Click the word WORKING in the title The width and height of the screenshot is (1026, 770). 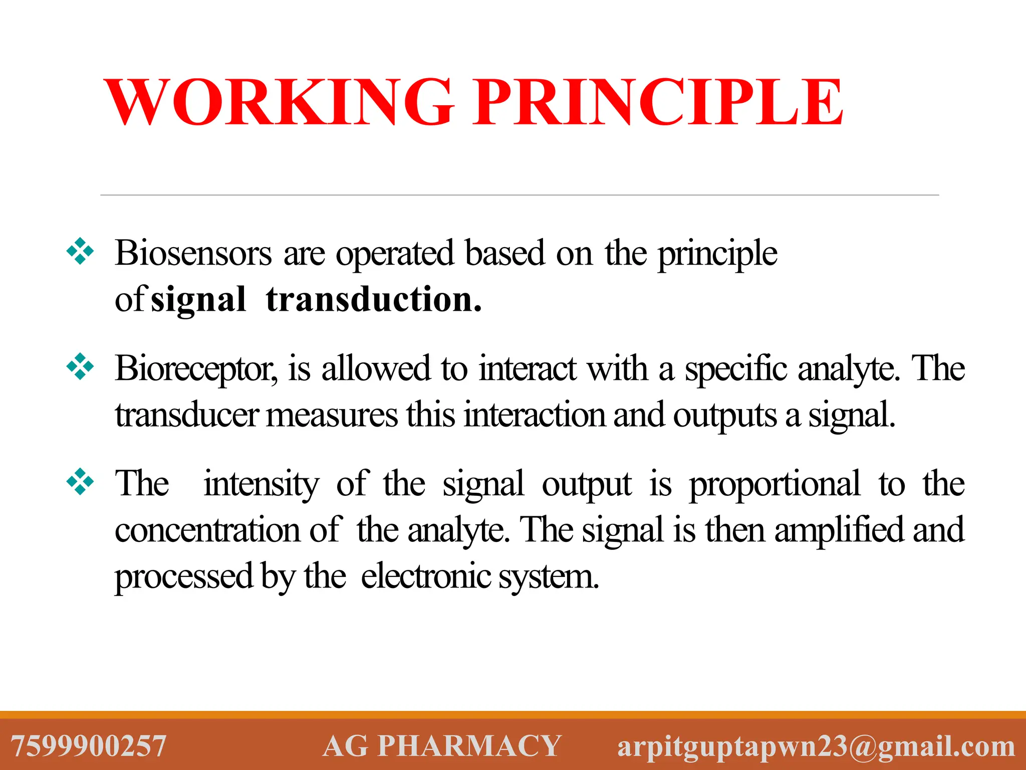tap(279, 102)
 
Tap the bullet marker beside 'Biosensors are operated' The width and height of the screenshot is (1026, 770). tap(80, 251)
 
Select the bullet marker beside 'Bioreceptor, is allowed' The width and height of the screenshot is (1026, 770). tap(80, 366)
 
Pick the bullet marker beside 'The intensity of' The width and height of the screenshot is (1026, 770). tap(80, 482)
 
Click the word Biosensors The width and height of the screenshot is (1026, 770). tap(193, 253)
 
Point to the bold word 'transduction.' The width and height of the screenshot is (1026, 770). tap(374, 299)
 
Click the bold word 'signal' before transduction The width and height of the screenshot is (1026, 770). tap(198, 300)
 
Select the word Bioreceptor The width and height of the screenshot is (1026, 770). tap(195, 369)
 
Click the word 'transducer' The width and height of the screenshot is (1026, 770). tap(186, 416)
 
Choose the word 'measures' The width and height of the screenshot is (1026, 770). tap(332, 416)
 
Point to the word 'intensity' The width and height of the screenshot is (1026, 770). tap(261, 484)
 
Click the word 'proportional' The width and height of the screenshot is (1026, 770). tap(775, 484)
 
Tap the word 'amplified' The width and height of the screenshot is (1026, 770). tap(839, 530)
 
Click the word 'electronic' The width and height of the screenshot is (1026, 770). tap(426, 576)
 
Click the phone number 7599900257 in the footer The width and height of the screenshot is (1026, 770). tap(89, 745)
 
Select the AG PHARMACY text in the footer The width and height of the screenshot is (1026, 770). tap(441, 745)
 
